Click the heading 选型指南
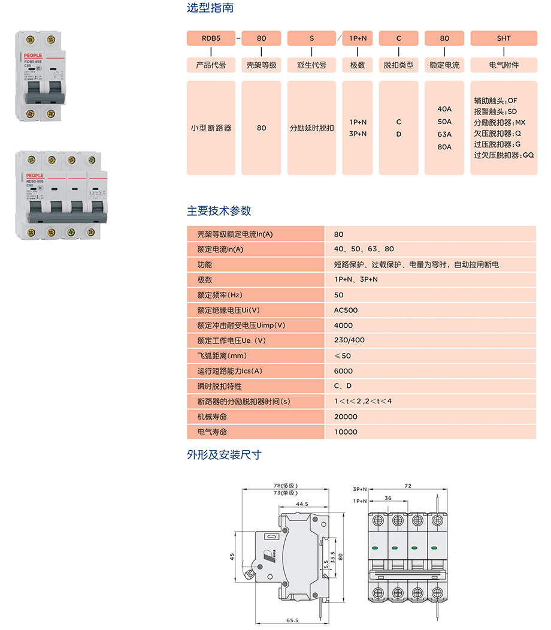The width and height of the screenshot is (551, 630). click(210, 8)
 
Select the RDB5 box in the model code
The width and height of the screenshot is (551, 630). click(211, 38)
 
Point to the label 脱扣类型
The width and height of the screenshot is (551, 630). click(398, 65)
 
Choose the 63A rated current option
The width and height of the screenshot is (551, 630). click(444, 134)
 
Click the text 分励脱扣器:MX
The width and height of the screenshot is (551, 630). click(499, 122)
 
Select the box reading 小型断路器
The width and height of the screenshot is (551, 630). click(211, 128)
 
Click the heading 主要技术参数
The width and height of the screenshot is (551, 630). click(219, 211)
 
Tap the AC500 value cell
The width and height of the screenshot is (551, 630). click(346, 311)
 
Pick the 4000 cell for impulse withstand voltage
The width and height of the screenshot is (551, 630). click(343, 325)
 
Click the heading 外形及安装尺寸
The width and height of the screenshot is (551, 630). click(224, 455)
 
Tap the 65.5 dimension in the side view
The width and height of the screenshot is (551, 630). click(292, 621)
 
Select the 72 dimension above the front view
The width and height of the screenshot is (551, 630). click(408, 487)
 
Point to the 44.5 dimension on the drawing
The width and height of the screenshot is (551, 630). click(302, 504)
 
